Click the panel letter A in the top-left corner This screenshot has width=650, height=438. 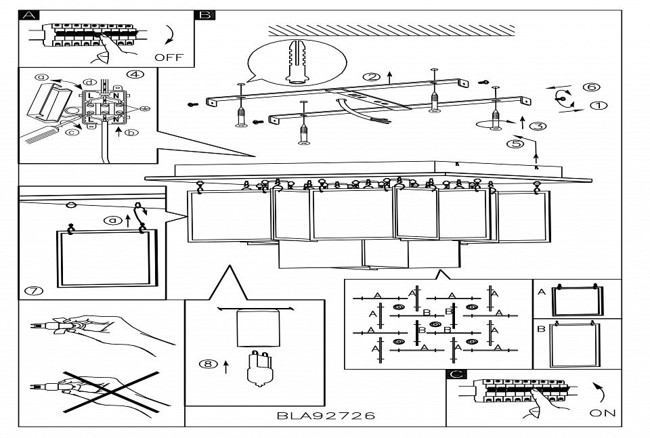(x=29, y=15)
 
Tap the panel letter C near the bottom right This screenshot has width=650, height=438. (x=456, y=374)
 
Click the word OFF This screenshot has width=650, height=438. (x=169, y=58)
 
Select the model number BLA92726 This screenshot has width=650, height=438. (x=326, y=416)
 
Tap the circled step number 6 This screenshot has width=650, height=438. (x=590, y=87)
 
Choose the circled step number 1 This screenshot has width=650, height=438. (x=599, y=106)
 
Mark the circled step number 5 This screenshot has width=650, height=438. (x=515, y=144)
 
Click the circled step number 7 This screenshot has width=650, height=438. (x=33, y=291)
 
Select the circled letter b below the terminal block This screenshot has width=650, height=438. (x=131, y=133)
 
